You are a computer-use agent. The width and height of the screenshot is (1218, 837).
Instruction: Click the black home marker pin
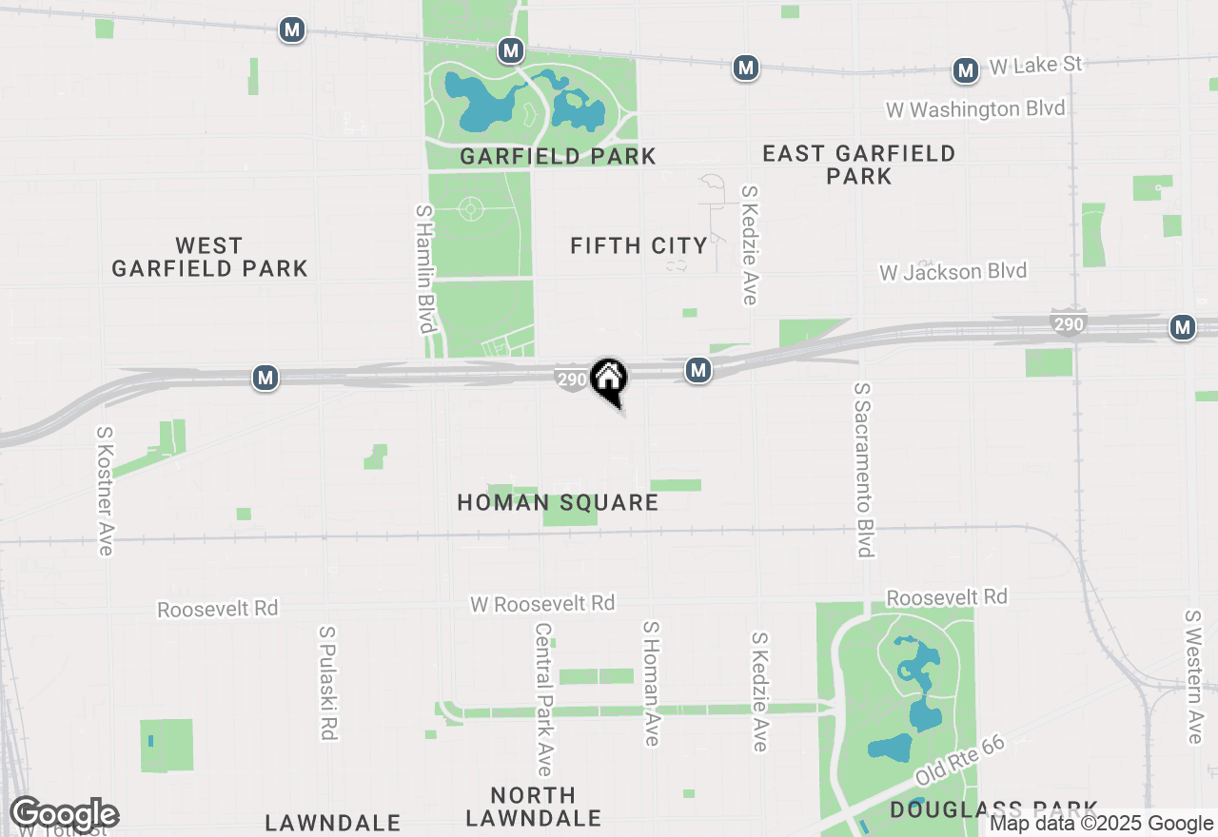tap(608, 380)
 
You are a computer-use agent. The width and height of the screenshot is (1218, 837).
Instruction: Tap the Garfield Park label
tap(558, 156)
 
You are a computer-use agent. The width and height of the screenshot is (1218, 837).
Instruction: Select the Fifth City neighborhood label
tap(638, 246)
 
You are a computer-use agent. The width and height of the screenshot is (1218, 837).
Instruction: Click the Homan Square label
tap(558, 502)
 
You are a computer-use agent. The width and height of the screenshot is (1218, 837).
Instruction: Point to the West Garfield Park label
tap(209, 258)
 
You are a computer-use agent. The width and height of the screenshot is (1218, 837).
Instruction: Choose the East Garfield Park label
tap(858, 165)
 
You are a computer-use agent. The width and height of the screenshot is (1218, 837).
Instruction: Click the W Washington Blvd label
tap(975, 109)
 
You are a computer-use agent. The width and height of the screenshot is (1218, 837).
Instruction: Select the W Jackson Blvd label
tap(953, 272)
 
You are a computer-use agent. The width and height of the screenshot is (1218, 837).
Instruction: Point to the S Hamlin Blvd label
tap(424, 268)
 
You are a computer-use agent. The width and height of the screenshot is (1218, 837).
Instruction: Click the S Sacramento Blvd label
tap(864, 470)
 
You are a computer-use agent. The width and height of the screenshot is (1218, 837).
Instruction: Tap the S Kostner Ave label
tap(105, 490)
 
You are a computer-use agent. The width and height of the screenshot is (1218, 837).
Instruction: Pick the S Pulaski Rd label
tap(328, 683)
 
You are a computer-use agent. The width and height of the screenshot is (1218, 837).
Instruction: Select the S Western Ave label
tap(1194, 676)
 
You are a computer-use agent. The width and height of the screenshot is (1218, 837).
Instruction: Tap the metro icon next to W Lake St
tap(966, 70)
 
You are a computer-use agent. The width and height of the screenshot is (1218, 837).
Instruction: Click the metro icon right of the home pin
tap(698, 371)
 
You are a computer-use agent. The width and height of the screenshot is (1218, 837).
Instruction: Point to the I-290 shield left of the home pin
tap(571, 380)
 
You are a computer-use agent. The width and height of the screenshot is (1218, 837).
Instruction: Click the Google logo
tap(64, 814)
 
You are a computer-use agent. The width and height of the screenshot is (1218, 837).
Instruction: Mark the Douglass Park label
tap(994, 809)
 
